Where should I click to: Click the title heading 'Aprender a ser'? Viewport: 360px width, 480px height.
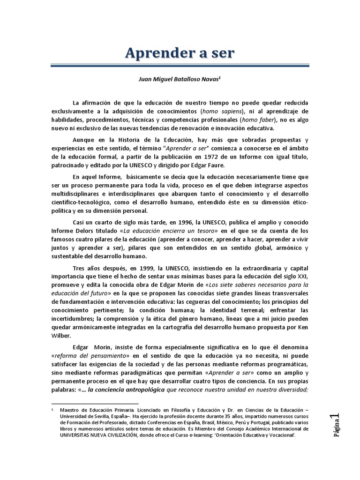tap(180, 53)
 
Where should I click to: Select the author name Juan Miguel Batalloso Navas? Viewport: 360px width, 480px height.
tap(180, 80)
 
